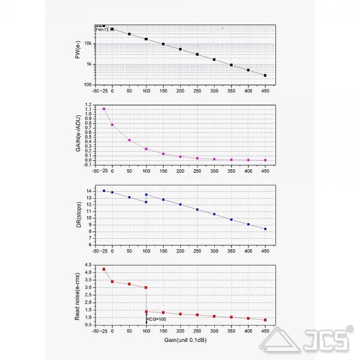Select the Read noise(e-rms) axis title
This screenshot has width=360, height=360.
[x=79, y=295]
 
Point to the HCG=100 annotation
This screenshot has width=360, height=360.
[x=157, y=319]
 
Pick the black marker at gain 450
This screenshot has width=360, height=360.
[x=265, y=76]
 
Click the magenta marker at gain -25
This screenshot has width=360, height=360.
[x=104, y=109]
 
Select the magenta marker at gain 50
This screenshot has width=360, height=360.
[x=129, y=140]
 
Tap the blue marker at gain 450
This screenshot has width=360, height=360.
[x=265, y=229]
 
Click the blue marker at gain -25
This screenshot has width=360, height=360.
[x=104, y=191]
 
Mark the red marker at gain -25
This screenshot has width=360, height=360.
[x=104, y=269]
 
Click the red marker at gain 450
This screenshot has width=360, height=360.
[x=265, y=320]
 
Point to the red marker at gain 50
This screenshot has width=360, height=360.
[x=129, y=284]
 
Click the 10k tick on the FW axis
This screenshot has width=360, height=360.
[x=88, y=43]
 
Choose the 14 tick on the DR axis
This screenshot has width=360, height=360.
[x=89, y=191]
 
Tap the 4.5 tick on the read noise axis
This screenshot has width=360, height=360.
[x=88, y=265]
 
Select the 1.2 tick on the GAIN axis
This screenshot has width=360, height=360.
[x=88, y=105]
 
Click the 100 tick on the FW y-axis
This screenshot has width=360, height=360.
[x=88, y=85]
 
